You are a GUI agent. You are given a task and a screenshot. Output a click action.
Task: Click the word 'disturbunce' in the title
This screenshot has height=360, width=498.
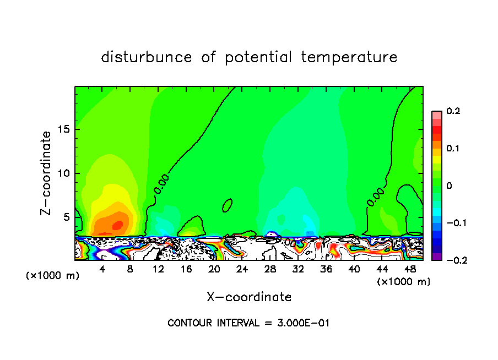[x=147, y=57]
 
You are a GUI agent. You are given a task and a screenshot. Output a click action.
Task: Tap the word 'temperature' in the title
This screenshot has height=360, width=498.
[x=349, y=57]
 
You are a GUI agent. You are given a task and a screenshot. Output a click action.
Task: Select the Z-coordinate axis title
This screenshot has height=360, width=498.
[x=47, y=173]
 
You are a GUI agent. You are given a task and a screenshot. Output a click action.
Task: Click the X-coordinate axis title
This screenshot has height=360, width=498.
[x=249, y=297]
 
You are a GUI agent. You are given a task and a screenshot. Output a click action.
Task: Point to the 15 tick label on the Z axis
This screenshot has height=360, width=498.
[x=63, y=129]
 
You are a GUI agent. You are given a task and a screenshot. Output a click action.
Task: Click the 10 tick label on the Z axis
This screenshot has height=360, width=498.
[x=63, y=173]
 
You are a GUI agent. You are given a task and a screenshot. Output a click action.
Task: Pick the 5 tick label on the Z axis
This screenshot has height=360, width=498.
[x=66, y=217]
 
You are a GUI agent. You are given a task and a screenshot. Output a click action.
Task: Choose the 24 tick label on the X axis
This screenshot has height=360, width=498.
[x=242, y=269]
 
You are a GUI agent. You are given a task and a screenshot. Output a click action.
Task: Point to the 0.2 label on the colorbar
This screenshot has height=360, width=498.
[x=453, y=111]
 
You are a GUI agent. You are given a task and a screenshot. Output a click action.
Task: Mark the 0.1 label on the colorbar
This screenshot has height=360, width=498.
[x=453, y=149]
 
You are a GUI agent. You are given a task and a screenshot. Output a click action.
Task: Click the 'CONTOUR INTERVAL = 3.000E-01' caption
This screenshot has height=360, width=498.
[x=248, y=323]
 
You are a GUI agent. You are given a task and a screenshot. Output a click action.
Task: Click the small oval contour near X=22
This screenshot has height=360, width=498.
[x=227, y=205]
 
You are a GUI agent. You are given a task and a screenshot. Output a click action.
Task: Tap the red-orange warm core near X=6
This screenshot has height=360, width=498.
[x=117, y=225]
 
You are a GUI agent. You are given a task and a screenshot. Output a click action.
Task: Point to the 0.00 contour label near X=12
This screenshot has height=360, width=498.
[x=161, y=183]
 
